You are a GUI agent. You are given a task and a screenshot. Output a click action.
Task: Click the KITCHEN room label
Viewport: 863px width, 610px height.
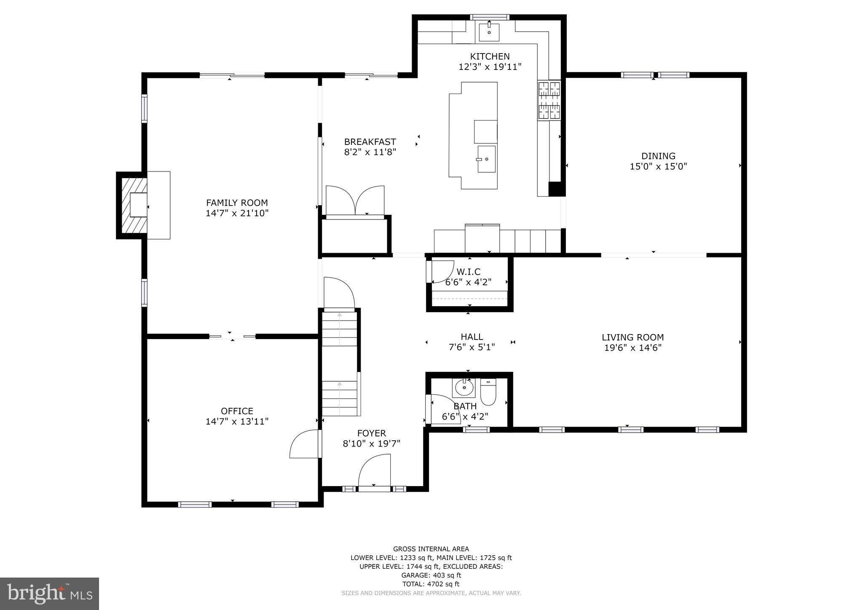click(x=490, y=56)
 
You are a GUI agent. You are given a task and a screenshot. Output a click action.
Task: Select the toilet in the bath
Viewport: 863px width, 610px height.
click(x=488, y=391)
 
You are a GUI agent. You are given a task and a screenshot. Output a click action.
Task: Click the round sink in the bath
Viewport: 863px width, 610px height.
click(x=464, y=388)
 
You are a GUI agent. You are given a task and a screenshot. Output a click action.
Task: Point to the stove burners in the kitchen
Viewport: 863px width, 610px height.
click(x=549, y=100)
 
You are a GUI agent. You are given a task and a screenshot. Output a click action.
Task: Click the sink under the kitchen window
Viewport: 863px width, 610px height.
click(x=489, y=32)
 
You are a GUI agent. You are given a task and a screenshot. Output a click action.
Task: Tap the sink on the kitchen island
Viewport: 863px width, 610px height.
click(x=486, y=159)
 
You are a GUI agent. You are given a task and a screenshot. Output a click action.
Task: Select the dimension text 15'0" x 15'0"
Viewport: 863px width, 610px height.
click(x=658, y=166)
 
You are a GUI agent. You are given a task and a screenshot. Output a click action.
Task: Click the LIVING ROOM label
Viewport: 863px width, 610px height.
click(x=633, y=337)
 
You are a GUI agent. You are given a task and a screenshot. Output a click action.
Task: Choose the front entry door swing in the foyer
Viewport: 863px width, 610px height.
click(x=374, y=471)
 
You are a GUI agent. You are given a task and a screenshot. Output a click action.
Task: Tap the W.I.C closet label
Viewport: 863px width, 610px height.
click(x=469, y=272)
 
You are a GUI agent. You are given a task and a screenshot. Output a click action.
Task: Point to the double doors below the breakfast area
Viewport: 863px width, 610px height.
click(x=355, y=201)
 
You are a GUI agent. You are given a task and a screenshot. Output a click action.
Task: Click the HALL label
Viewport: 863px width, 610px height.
click(x=472, y=337)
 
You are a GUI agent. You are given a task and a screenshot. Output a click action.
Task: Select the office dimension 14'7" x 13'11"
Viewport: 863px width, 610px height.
click(x=237, y=421)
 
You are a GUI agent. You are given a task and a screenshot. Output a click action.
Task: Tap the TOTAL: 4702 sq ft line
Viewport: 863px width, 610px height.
click(x=431, y=584)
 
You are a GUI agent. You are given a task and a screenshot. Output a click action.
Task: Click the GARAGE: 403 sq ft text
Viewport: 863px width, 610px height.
click(x=431, y=575)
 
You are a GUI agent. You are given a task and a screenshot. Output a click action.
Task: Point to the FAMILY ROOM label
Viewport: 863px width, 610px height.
click(x=237, y=203)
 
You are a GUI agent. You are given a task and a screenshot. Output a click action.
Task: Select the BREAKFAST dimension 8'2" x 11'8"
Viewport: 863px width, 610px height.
click(x=370, y=152)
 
